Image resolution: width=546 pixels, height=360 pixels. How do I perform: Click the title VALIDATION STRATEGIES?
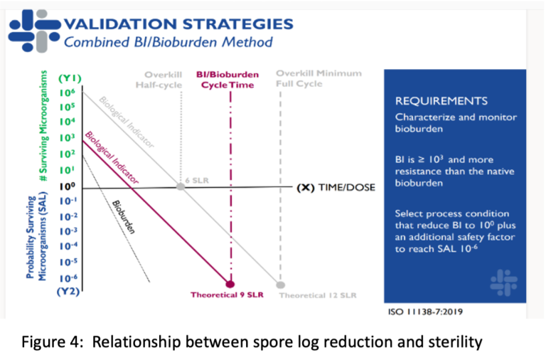178,23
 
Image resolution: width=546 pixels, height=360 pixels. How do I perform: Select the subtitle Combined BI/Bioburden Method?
168,42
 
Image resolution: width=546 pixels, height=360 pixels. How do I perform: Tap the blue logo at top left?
33,32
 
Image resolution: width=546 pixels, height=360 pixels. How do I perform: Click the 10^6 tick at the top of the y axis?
67,92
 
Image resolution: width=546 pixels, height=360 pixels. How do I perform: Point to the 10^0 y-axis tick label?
67,186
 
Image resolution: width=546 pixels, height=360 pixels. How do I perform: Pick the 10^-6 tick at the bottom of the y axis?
67,277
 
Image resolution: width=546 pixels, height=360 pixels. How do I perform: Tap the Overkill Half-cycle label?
163,80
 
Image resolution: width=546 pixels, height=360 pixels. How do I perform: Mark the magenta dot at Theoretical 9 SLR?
230,282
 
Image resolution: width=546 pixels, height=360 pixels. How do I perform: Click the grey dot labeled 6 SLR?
181,186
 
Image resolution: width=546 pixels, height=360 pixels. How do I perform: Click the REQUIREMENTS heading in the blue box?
441,101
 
